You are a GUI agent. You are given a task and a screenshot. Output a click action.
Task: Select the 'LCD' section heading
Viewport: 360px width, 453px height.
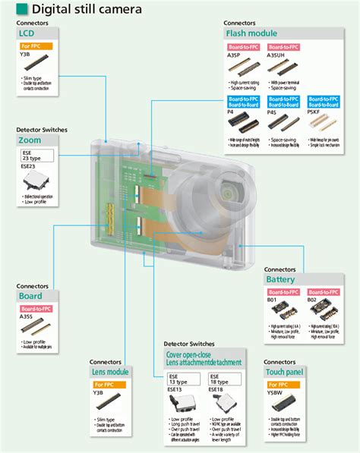[x=26, y=33]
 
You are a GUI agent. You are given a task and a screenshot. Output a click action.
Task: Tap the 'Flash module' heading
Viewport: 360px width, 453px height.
[x=250, y=33]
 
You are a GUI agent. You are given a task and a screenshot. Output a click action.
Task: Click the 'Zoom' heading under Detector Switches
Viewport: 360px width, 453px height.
[x=30, y=140]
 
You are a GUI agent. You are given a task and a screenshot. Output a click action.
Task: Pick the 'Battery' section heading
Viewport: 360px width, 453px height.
[x=280, y=279]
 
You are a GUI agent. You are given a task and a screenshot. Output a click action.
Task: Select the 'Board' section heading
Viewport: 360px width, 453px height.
[x=31, y=296]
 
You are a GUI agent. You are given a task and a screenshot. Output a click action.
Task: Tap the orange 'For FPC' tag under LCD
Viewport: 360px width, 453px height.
[x=30, y=46]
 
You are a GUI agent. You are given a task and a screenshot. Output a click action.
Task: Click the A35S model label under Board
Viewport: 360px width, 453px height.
[x=27, y=317]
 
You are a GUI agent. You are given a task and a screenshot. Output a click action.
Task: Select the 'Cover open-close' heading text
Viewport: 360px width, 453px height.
[x=191, y=354]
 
